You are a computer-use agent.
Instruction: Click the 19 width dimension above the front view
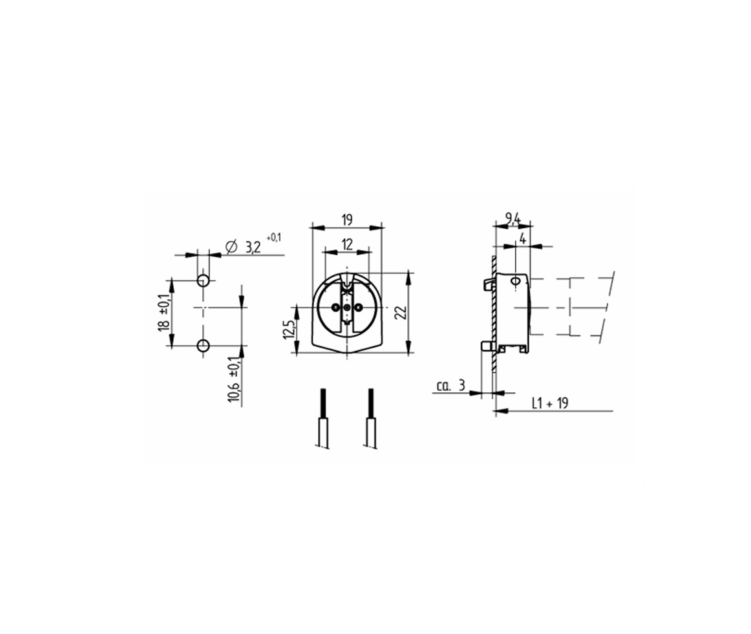click(x=347, y=220)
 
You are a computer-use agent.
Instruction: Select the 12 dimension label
click(x=347, y=245)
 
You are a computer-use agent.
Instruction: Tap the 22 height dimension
click(x=402, y=312)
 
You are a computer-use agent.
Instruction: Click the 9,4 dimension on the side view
click(x=513, y=218)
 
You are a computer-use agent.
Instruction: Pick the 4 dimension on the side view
click(x=523, y=238)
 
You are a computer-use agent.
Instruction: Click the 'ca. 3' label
click(x=450, y=385)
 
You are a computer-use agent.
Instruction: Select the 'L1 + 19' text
click(x=550, y=403)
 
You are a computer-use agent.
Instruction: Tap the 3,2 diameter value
click(x=253, y=247)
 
